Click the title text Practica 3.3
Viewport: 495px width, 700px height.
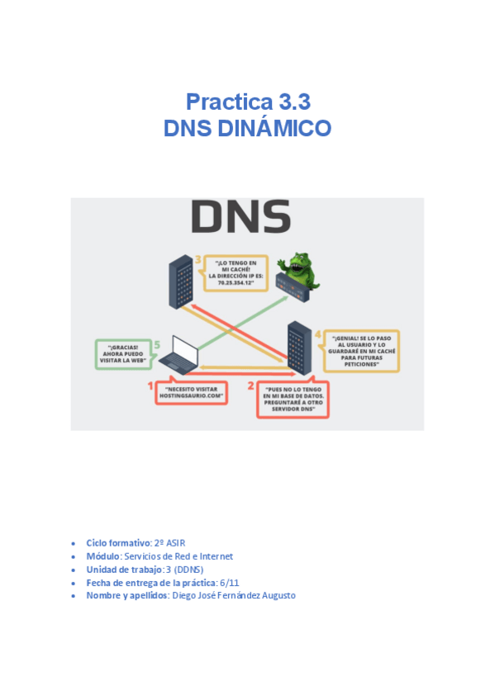pyautogui.click(x=248, y=102)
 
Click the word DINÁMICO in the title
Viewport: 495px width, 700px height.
pyautogui.click(x=278, y=128)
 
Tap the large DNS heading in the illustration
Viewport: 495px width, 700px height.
pyautogui.click(x=240, y=217)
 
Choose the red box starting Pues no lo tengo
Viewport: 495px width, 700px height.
pyautogui.click(x=293, y=400)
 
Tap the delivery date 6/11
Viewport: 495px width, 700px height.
pyautogui.click(x=222, y=583)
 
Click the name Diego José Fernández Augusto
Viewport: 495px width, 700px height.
pyautogui.click(x=233, y=596)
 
